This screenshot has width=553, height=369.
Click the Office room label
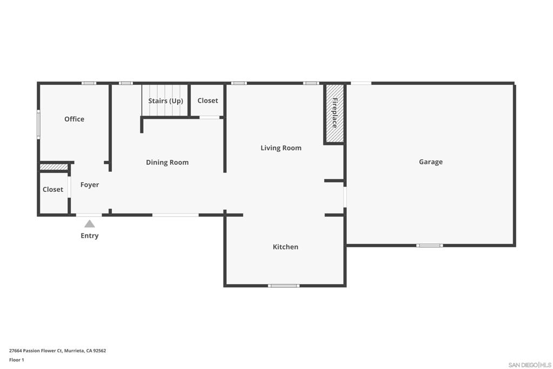74,119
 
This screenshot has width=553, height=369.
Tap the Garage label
430,162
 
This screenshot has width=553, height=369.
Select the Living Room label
281,148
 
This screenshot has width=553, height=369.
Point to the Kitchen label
285,247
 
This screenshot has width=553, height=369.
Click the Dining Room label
167,163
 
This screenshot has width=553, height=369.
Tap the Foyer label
90,185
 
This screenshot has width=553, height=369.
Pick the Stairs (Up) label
165,101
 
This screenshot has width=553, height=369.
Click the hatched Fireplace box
334,113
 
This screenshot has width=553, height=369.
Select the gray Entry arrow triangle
90,224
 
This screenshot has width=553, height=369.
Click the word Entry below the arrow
90,236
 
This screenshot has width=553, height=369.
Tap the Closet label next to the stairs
207,100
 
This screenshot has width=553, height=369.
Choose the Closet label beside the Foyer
53,190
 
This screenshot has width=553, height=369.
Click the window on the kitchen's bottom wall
284,286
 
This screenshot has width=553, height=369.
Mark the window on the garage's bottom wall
429,245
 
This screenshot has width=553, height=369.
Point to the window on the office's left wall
38,124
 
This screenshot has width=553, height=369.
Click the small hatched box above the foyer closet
53,167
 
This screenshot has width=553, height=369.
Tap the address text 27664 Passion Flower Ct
36,351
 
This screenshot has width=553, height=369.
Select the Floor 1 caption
17,360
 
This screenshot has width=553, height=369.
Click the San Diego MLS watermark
530,365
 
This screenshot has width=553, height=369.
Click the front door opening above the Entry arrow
89,215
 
